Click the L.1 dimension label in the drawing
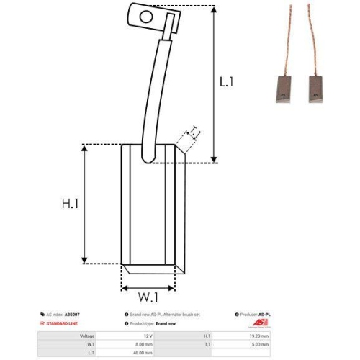(x=227, y=82)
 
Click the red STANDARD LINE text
(x=63, y=325)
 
